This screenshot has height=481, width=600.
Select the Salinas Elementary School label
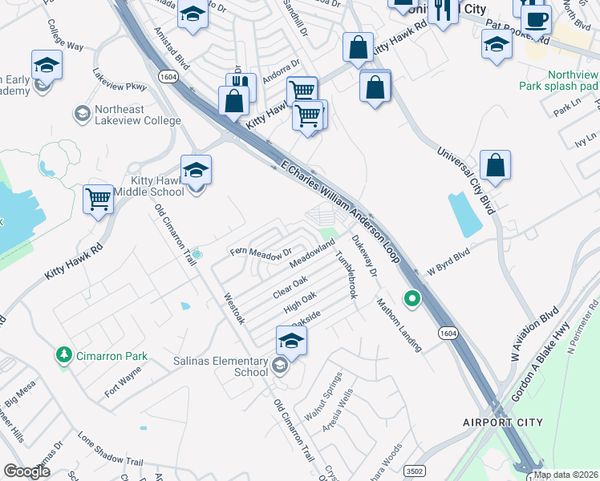click(x=221, y=366)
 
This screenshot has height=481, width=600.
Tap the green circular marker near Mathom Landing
click(x=412, y=300)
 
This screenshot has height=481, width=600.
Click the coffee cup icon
click(x=536, y=18)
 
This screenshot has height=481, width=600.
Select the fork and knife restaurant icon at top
click(x=443, y=10)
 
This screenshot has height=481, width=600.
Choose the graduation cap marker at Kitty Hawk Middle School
click(x=196, y=171)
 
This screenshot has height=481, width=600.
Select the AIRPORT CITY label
click(x=503, y=422)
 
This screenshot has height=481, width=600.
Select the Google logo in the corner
click(x=27, y=471)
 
